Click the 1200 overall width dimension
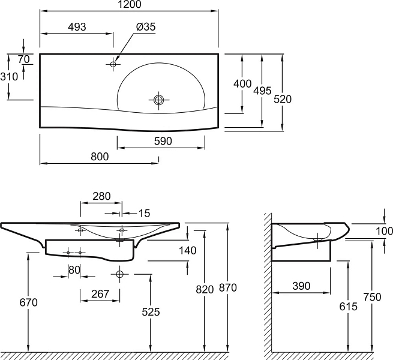point(130,4)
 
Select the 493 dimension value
point(77,26)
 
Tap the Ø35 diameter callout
point(146,26)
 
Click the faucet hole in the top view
point(113,64)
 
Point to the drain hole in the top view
point(158,100)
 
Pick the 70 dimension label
point(24,59)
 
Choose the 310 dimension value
point(9,77)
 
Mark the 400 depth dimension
point(242,84)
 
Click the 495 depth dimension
point(262,91)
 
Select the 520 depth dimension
point(283,99)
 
